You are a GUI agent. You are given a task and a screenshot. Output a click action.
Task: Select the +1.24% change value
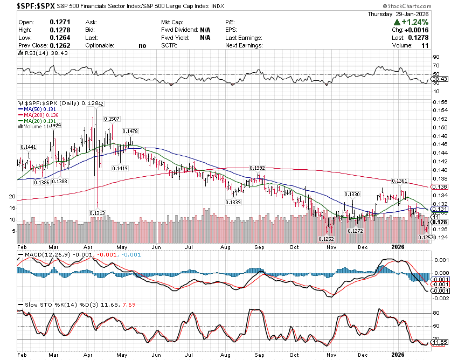point(414,22)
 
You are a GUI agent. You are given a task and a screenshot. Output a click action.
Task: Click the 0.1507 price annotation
point(112,119)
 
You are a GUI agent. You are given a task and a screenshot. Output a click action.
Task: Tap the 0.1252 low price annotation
point(327,239)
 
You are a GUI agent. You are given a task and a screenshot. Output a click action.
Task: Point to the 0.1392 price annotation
point(257,168)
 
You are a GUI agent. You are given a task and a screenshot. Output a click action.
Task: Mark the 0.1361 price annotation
point(399,181)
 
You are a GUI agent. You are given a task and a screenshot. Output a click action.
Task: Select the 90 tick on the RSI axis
point(436,57)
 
